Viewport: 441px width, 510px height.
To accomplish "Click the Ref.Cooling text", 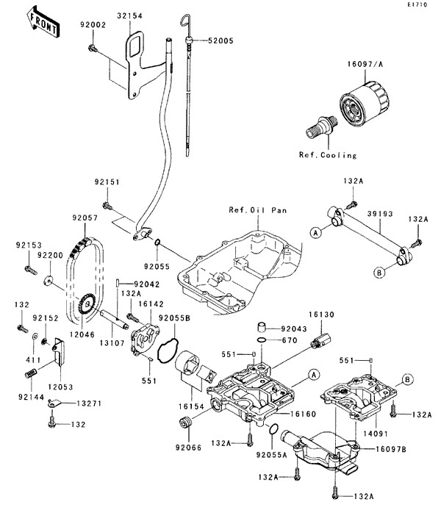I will (328, 155).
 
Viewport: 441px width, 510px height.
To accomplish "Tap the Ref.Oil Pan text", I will (257, 210).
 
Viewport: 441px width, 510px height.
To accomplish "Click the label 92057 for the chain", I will (85, 218).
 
